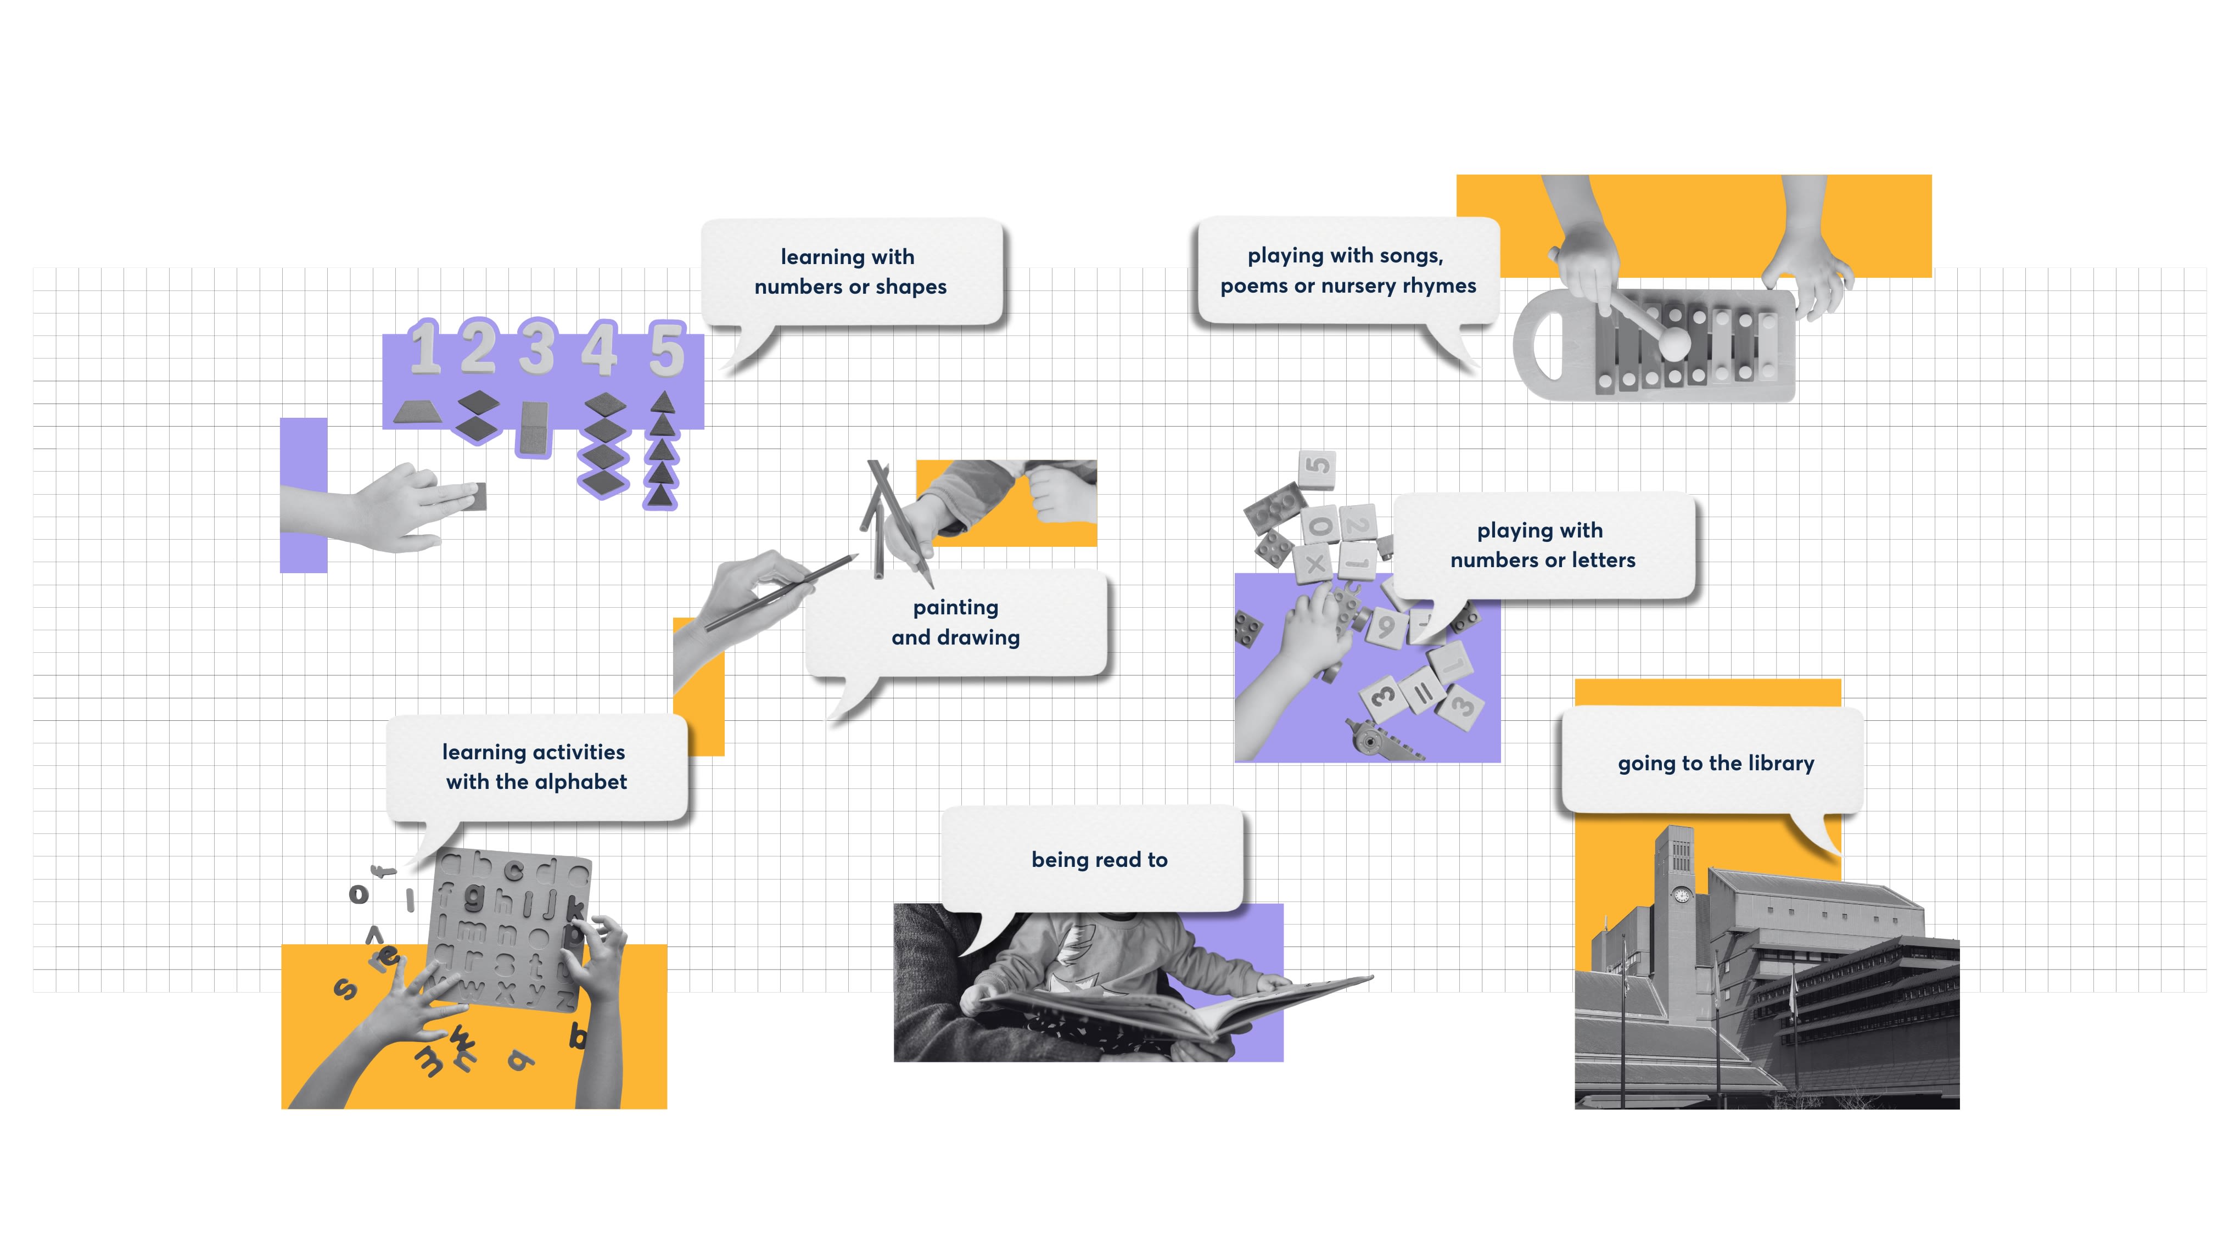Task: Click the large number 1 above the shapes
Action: click(424, 348)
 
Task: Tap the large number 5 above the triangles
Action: click(666, 350)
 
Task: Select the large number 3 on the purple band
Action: click(537, 348)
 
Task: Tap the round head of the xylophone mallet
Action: click(1674, 341)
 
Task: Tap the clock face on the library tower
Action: click(1682, 895)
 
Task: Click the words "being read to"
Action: click(1099, 860)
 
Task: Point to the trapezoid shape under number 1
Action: click(417, 412)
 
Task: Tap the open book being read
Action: click(1174, 1009)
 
